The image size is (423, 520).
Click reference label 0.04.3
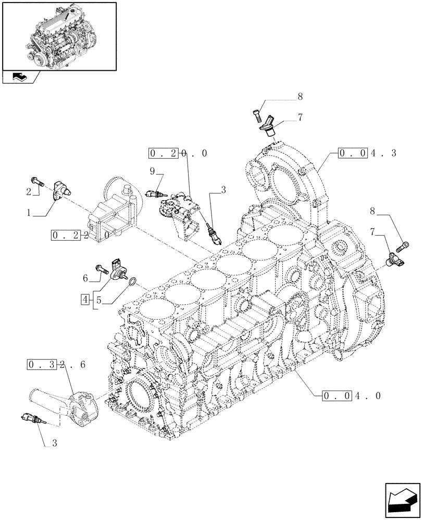(x=367, y=153)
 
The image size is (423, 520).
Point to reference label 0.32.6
(x=55, y=365)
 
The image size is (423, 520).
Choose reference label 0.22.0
(x=80, y=236)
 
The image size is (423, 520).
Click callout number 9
(x=152, y=171)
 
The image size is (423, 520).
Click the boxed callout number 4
(x=85, y=299)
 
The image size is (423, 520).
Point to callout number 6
(x=86, y=279)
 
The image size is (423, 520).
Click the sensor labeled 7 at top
(x=269, y=125)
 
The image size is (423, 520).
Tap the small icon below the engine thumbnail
(x=21, y=77)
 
